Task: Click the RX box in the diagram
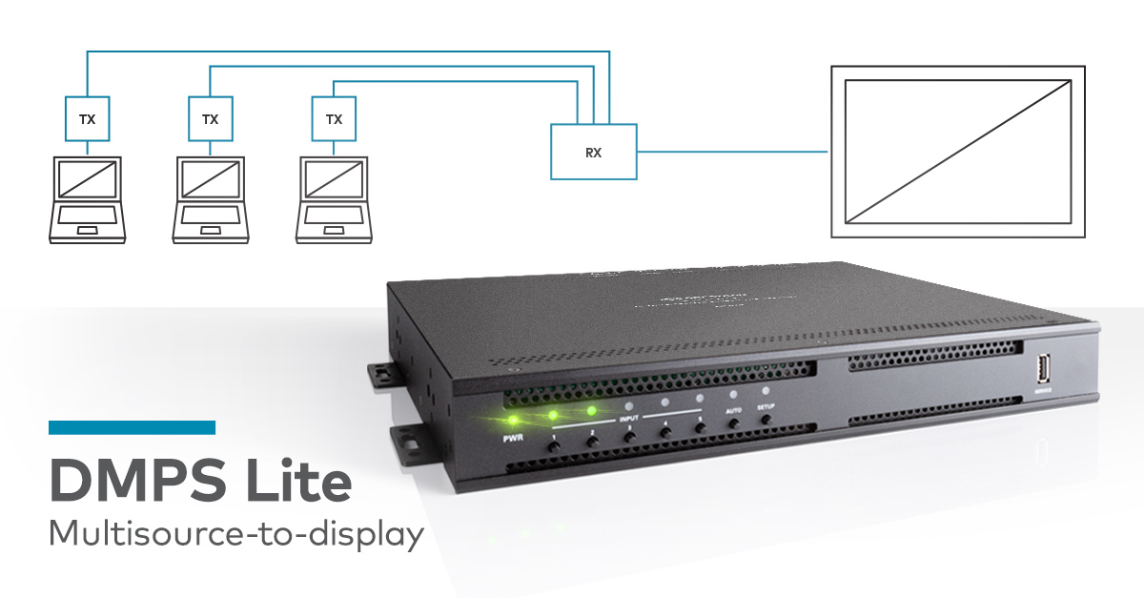pos(593,151)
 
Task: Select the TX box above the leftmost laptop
pos(87,119)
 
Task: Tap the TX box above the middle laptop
pos(210,119)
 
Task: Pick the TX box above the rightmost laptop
pos(334,119)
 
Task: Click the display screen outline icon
pos(958,151)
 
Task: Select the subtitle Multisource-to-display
pos(235,534)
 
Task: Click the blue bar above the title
pos(132,427)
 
